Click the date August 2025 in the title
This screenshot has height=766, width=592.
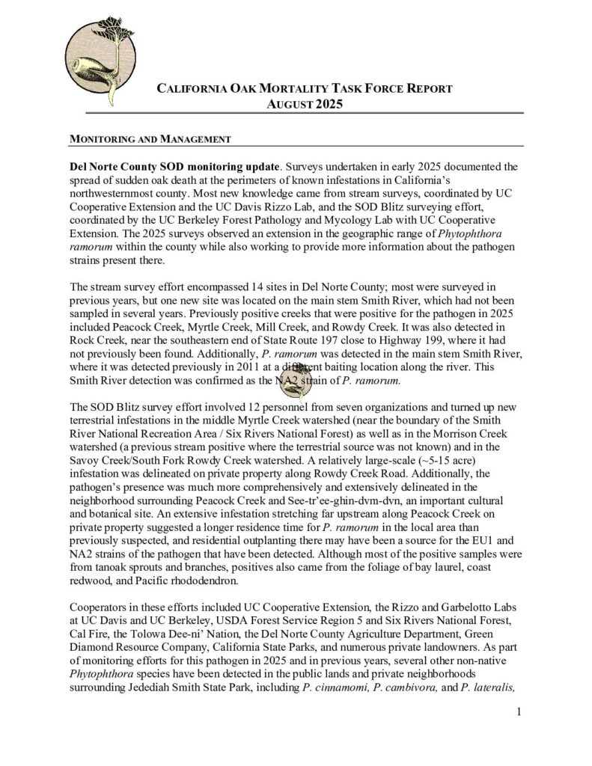point(305,104)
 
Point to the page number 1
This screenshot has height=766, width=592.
point(518,711)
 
